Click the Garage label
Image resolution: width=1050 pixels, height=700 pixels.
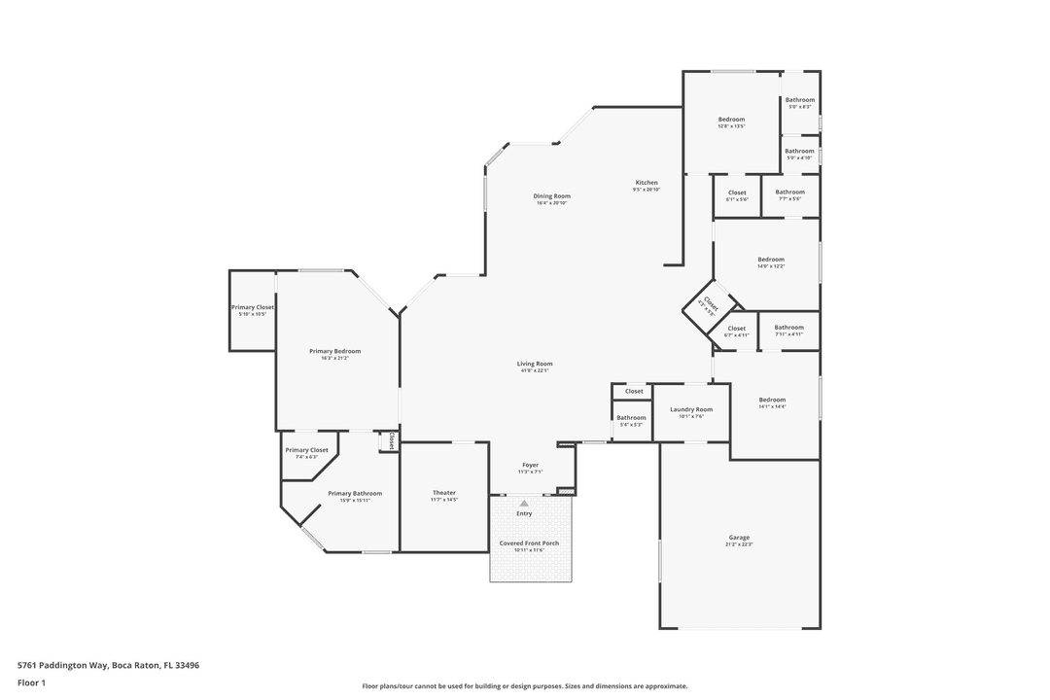pyautogui.click(x=739, y=538)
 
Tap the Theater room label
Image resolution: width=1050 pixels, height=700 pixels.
pyautogui.click(x=443, y=493)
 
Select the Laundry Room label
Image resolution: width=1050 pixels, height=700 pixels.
pyautogui.click(x=690, y=409)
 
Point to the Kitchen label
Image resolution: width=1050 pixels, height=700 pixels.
pyautogui.click(x=647, y=183)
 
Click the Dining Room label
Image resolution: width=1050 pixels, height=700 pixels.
pyautogui.click(x=552, y=196)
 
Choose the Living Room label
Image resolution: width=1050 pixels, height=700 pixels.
pyautogui.click(x=535, y=364)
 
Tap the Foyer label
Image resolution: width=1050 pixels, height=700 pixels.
pyautogui.click(x=530, y=466)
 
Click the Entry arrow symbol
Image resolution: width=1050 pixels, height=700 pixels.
pyautogui.click(x=524, y=503)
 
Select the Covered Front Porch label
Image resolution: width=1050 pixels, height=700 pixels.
pyautogui.click(x=529, y=543)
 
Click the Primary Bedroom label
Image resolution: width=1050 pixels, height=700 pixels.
pyautogui.click(x=334, y=351)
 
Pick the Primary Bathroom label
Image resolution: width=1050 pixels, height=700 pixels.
pyautogui.click(x=354, y=493)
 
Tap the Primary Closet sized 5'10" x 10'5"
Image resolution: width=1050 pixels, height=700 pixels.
pyautogui.click(x=252, y=307)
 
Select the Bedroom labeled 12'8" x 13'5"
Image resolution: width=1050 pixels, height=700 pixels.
pyautogui.click(x=731, y=120)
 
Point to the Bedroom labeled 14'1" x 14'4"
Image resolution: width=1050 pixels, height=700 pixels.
pyautogui.click(x=772, y=400)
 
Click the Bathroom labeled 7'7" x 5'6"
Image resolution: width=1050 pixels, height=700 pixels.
pyautogui.click(x=789, y=192)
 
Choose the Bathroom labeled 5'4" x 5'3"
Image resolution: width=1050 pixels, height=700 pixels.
pyautogui.click(x=631, y=418)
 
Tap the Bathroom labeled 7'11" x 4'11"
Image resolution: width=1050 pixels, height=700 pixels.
pyautogui.click(x=788, y=328)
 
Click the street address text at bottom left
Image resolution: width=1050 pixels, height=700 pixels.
pyautogui.click(x=108, y=665)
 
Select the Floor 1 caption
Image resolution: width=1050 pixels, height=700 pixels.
pyautogui.click(x=31, y=682)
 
